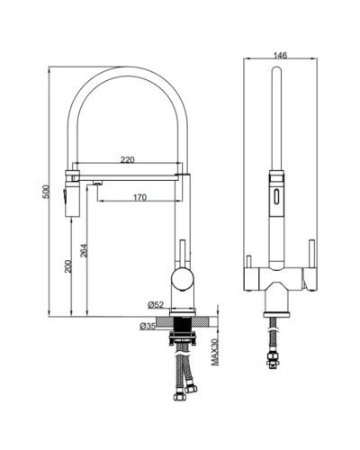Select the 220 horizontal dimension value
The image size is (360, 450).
tap(127, 159)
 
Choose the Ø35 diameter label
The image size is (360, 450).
tap(148, 325)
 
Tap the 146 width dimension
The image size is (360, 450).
tap(279, 55)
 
